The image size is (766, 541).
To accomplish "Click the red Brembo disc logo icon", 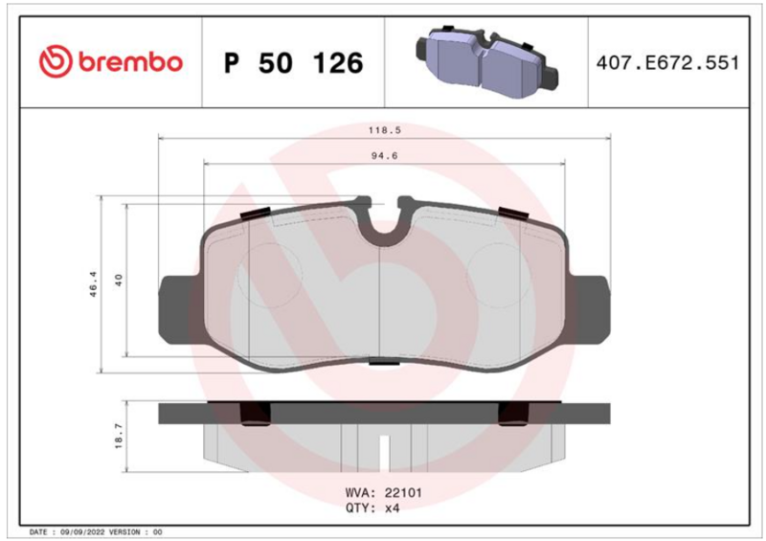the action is tap(56, 61).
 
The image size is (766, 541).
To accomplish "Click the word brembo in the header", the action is tap(130, 62).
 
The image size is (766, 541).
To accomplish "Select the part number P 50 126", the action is tap(294, 63).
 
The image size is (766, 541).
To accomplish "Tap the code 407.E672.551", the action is tap(667, 63).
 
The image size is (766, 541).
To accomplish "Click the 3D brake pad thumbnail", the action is tap(486, 62).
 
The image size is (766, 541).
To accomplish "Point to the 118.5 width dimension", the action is tap(385, 130).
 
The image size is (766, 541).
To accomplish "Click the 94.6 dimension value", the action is tap(385, 156).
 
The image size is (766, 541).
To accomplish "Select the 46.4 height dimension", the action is tap(93, 284).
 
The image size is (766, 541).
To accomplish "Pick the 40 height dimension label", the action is tap(119, 280).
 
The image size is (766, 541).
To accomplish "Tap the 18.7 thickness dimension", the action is tap(119, 436).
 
